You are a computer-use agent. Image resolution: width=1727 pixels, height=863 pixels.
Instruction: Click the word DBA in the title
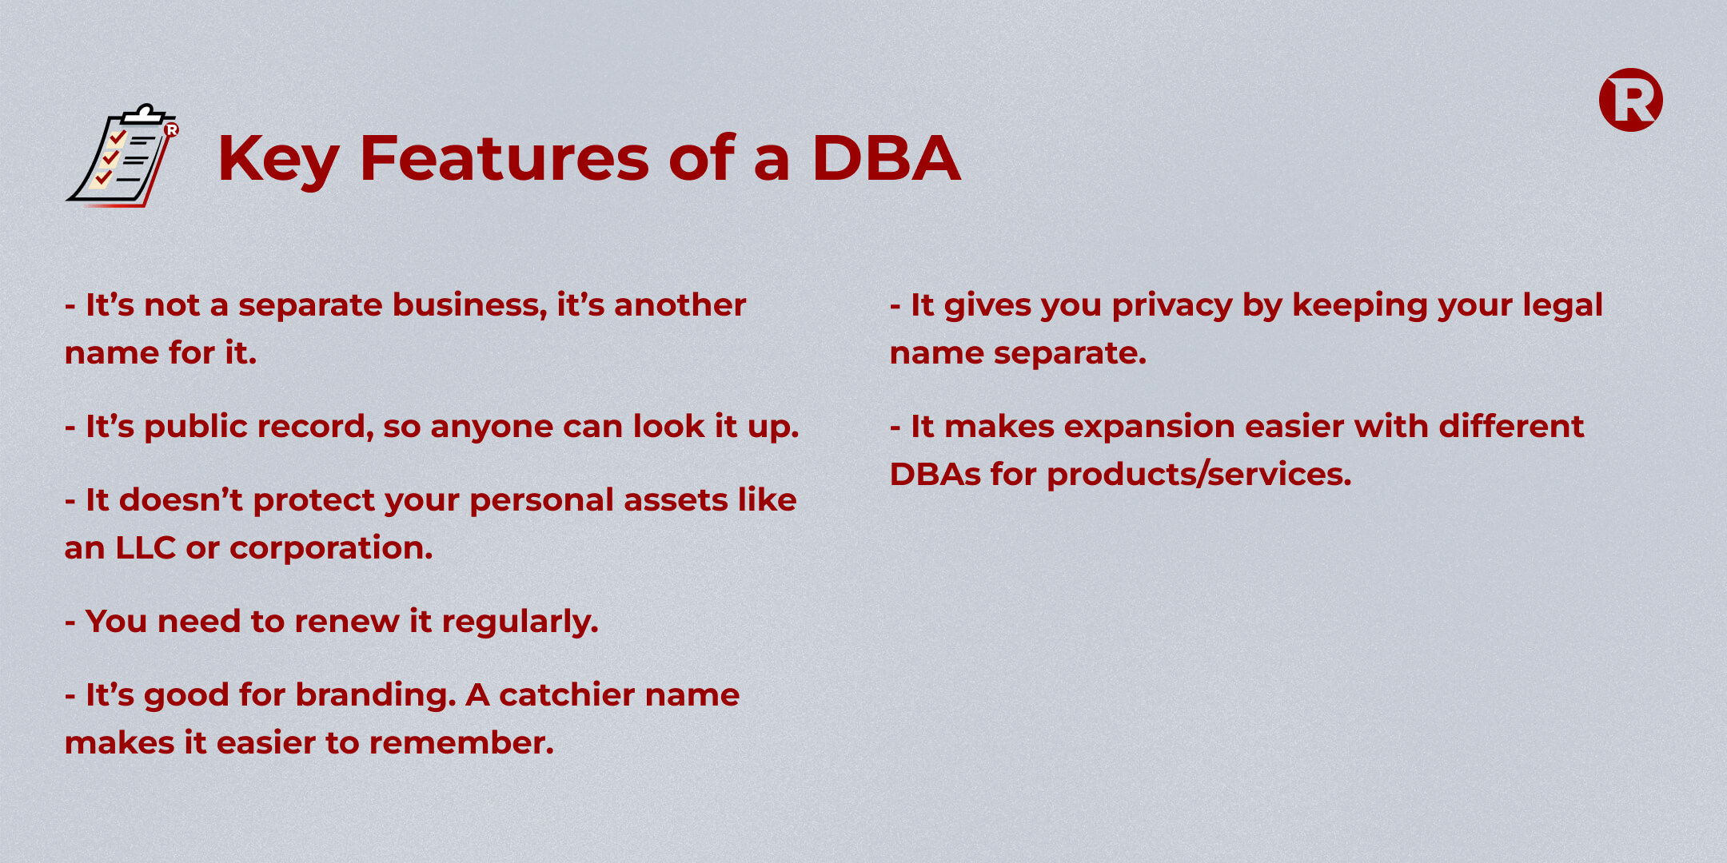(886, 158)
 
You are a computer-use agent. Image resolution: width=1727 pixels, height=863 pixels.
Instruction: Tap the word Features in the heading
(505, 158)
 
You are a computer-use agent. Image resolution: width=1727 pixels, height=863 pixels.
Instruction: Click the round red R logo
(1630, 100)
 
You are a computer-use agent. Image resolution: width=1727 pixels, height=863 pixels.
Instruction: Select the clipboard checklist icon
(123, 155)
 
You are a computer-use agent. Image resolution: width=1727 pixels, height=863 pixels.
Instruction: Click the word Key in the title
(278, 161)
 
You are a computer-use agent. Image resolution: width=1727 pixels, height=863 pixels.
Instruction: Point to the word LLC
(146, 548)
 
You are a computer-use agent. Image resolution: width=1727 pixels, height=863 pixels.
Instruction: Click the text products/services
(1199, 475)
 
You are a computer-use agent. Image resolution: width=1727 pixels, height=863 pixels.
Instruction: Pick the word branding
(376, 696)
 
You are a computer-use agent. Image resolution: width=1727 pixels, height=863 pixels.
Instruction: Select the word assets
(676, 501)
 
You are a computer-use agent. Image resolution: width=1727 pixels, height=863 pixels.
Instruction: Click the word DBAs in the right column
(935, 475)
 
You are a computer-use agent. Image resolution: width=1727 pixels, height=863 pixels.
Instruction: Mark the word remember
(461, 743)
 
